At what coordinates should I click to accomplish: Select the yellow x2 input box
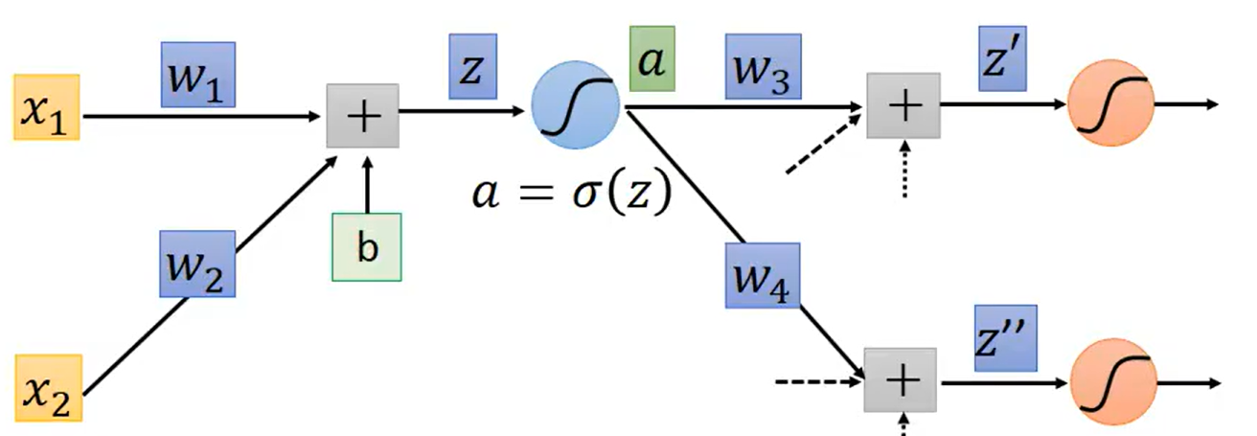[x=48, y=387]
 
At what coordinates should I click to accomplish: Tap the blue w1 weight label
[x=197, y=74]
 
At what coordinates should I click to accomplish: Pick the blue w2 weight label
[x=196, y=263]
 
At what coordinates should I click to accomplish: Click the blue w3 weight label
[x=763, y=66]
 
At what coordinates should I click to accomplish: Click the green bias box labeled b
[x=367, y=247]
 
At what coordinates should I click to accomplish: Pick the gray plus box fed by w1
[x=363, y=114]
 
